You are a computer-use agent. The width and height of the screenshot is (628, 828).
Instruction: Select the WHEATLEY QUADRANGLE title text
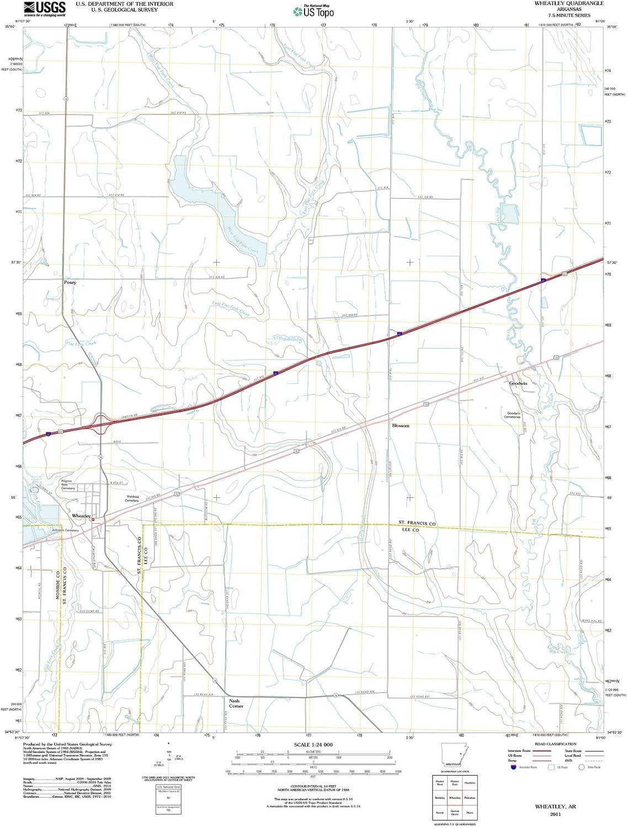[x=568, y=3]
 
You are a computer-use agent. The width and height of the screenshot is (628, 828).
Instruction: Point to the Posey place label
[x=70, y=282]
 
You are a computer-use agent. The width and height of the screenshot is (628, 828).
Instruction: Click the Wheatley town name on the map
[x=81, y=515]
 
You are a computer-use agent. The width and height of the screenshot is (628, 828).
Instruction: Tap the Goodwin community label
[x=518, y=383]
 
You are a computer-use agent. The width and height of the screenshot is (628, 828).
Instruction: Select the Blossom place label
[x=401, y=426]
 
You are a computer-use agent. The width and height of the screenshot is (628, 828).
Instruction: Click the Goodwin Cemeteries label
[x=513, y=415]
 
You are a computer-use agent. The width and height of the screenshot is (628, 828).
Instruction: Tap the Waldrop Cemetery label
[x=132, y=498]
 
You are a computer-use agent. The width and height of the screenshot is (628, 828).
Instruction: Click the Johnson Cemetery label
[x=65, y=530]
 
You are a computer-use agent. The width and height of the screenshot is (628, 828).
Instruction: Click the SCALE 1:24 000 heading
[x=313, y=745]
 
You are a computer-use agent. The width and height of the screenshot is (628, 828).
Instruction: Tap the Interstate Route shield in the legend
[x=514, y=767]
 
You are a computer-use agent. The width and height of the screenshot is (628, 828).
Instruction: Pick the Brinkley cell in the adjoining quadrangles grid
[x=440, y=798]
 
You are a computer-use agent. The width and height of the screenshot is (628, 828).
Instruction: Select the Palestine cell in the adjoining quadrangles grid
[x=470, y=798]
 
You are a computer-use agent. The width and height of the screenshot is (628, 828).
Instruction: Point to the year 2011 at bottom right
[x=555, y=814]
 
